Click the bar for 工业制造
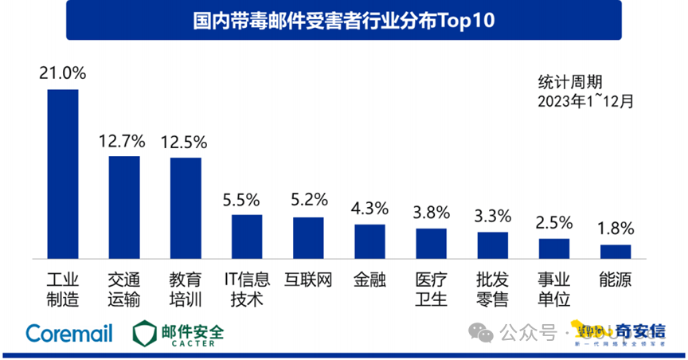(x=63, y=174)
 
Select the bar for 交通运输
(x=124, y=207)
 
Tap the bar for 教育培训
(x=186, y=208)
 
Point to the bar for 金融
(x=369, y=241)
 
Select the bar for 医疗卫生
(x=431, y=243)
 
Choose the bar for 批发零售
(x=492, y=245)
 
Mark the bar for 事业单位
(x=553, y=248)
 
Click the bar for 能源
(x=615, y=251)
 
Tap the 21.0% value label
(x=63, y=73)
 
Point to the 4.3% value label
(x=369, y=209)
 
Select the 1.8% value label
(x=616, y=229)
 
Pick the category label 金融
(x=369, y=280)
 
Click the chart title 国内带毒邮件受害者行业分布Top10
(x=344, y=22)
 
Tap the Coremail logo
(x=68, y=333)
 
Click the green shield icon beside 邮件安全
(x=145, y=333)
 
